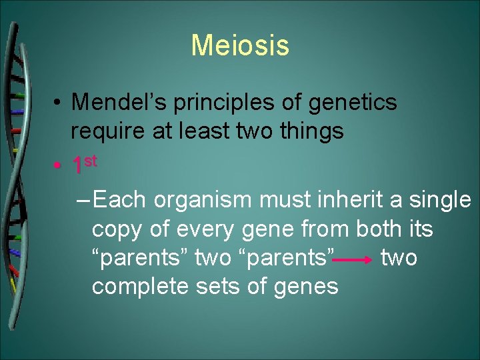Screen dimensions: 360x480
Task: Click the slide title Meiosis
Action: [239, 46]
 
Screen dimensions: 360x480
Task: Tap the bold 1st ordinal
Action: [84, 163]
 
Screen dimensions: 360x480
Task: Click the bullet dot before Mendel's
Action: [59, 104]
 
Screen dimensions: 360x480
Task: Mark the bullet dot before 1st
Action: [59, 166]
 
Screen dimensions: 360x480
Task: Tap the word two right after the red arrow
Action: [399, 257]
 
